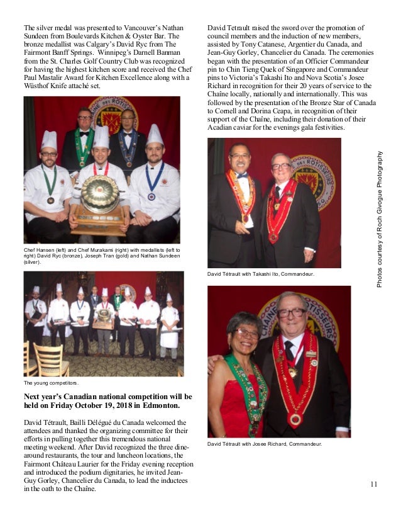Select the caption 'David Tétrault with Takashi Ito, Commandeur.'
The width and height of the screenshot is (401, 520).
pos(261,274)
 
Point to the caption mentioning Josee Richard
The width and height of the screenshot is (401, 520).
pos(265,444)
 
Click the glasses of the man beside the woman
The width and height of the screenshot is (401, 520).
pos(292,313)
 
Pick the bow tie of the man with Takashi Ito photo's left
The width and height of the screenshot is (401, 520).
pos(242,175)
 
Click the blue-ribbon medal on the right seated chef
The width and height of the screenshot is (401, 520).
pos(151,196)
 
